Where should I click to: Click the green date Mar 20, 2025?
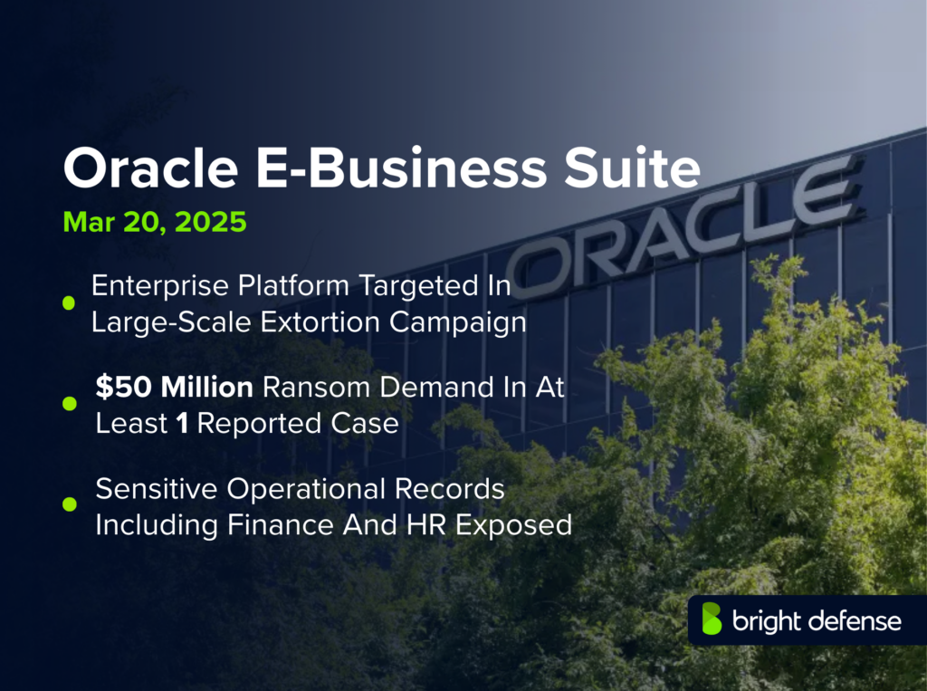pos(155,223)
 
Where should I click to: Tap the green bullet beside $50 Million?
pos(68,404)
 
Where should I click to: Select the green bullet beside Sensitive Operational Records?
pos(68,504)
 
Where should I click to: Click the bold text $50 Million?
pos(175,389)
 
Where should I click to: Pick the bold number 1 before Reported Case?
pos(182,423)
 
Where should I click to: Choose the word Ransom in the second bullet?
pos(309,389)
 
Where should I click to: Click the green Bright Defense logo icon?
pos(712,620)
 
